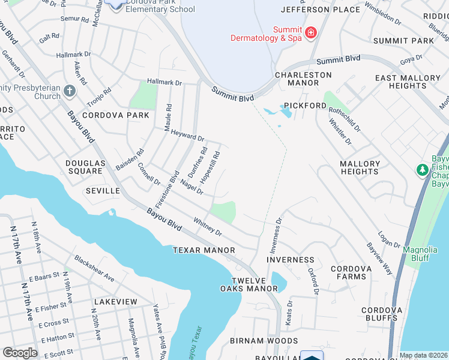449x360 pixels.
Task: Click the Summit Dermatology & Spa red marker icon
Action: point(311,33)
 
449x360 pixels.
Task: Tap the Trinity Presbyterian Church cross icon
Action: point(69,92)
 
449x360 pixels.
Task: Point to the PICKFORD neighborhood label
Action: point(305,106)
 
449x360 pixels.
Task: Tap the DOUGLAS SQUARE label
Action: point(85,167)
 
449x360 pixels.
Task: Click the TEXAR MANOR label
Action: point(197,249)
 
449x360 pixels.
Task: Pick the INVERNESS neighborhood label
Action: point(291,260)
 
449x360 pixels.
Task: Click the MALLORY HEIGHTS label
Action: point(360,167)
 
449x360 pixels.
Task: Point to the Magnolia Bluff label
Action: point(424,253)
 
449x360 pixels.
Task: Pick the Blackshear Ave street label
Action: point(94,269)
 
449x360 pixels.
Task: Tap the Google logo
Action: point(20,353)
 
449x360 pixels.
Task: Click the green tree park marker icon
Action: point(423,170)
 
